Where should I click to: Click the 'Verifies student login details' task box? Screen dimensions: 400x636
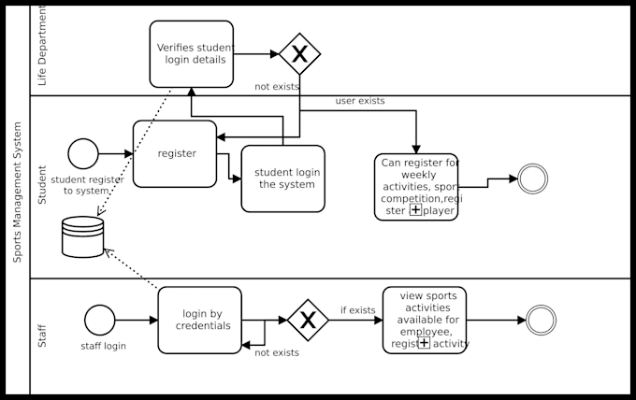click(191, 53)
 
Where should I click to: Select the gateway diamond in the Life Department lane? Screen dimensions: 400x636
click(299, 53)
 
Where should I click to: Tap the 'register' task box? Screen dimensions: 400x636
click(175, 153)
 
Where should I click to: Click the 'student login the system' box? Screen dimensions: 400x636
click(283, 179)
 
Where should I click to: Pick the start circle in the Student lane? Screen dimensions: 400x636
click(82, 153)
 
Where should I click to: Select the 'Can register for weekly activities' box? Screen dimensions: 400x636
click(416, 187)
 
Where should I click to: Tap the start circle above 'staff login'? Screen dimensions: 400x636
click(99, 320)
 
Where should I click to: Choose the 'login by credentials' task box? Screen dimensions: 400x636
click(199, 320)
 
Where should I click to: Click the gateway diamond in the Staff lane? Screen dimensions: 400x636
click(308, 320)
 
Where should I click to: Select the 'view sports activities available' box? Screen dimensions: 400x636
click(425, 320)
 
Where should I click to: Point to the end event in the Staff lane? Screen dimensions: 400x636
click(541, 320)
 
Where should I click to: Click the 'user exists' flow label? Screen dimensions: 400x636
click(360, 100)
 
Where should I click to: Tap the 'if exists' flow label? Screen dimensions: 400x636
click(357, 309)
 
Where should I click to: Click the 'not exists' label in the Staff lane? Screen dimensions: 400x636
click(277, 352)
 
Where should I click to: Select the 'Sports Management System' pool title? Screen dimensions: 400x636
click(17, 199)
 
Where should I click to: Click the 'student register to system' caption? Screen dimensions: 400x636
click(86, 185)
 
